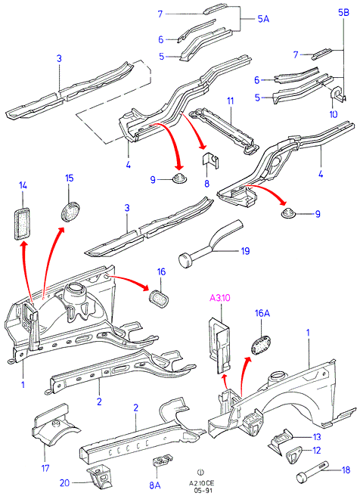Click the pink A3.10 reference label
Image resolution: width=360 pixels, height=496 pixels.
click(x=220, y=298)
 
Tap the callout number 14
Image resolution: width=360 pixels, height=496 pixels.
click(x=23, y=185)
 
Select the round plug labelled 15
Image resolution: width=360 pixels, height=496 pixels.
click(x=70, y=212)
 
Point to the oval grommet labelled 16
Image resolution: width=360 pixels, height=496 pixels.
click(x=159, y=298)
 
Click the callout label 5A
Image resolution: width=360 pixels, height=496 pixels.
click(x=263, y=19)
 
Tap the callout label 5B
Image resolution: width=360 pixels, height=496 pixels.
click(x=343, y=13)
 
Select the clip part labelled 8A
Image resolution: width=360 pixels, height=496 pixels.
click(x=163, y=460)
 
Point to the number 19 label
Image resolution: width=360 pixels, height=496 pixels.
click(x=245, y=251)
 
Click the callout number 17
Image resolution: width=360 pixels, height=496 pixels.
click(x=45, y=468)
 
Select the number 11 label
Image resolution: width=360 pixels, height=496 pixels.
click(x=231, y=101)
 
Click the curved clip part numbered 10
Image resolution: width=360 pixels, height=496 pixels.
click(x=338, y=94)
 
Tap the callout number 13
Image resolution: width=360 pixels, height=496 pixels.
click(x=317, y=437)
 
